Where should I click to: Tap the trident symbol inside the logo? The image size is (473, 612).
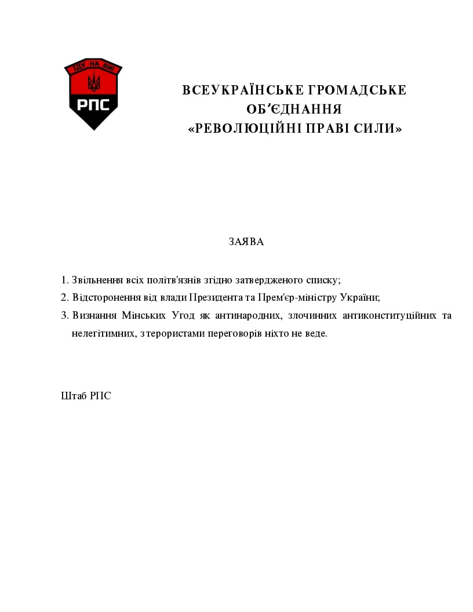93,82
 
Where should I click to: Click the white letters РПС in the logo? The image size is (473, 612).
93,105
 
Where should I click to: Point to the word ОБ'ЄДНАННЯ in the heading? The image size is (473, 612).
294,110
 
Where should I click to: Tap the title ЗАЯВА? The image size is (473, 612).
246,242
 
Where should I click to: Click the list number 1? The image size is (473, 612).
64,280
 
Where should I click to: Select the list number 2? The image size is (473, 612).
64,298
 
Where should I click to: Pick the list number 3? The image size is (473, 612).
64,316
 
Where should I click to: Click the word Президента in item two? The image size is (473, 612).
215,298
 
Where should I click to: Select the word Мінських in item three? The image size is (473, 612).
143,316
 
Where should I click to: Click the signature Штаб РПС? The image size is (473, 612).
86,396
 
